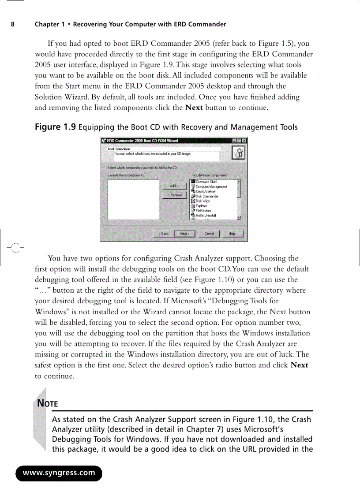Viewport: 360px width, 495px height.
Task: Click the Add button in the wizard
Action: [x=174, y=186]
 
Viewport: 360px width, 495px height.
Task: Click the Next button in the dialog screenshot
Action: [x=184, y=234]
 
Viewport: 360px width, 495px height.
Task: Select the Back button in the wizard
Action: [x=163, y=234]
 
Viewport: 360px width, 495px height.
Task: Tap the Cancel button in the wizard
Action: [x=209, y=234]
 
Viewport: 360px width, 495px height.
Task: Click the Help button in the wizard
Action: [x=232, y=234]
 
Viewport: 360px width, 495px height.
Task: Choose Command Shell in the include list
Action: [x=206, y=182]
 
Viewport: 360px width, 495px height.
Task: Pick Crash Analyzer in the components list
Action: [x=206, y=191]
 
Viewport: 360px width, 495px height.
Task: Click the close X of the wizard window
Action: [x=244, y=141]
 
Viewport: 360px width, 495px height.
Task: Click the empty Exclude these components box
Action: [x=133, y=199]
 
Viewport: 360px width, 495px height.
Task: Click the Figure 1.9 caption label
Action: [x=55, y=127]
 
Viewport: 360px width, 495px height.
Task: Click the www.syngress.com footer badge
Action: [x=59, y=473]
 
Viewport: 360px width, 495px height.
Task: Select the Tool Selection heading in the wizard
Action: [x=119, y=149]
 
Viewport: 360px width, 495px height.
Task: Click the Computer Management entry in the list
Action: [x=211, y=186]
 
